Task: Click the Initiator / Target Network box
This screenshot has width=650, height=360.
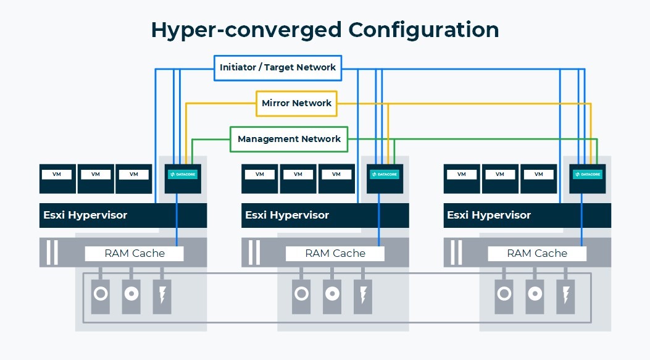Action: pos(278,67)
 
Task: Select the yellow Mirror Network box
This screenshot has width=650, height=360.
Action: pos(296,103)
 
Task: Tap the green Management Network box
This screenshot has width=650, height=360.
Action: pos(289,139)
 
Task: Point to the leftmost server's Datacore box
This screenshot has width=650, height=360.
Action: pos(183,176)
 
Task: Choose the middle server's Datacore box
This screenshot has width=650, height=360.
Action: pos(385,176)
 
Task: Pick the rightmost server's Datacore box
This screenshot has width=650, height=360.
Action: pos(587,176)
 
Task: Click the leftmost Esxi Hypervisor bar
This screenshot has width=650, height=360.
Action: pos(99,216)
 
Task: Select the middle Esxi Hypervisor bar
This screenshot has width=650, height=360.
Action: pos(301,216)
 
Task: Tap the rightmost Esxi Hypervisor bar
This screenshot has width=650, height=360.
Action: pos(503,216)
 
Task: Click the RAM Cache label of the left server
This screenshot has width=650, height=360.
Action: pos(135,253)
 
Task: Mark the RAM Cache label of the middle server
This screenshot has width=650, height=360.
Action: pos(335,253)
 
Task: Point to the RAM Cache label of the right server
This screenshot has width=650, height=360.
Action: pos(537,253)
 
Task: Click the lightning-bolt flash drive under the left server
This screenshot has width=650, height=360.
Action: pos(162,296)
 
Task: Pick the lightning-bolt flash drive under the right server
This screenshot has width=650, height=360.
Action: pos(565,296)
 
